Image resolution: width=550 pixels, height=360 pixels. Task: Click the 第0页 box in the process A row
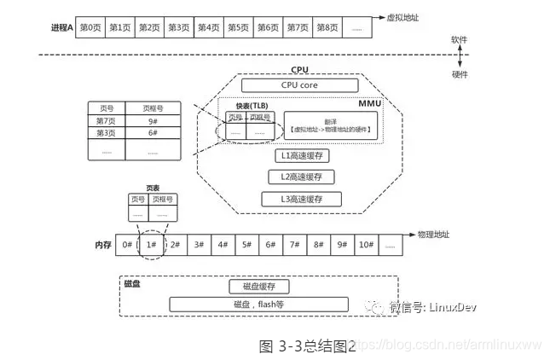(x=90, y=27)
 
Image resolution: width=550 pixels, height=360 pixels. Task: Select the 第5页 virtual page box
(x=238, y=27)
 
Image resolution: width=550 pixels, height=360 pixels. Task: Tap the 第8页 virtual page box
(x=327, y=27)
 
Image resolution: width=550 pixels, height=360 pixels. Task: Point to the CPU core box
(x=298, y=85)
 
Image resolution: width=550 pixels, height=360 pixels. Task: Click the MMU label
(x=369, y=102)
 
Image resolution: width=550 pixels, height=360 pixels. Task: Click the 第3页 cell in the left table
(x=107, y=133)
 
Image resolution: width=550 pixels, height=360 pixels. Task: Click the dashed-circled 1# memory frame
(x=150, y=245)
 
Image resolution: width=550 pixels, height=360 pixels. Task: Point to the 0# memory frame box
(x=127, y=245)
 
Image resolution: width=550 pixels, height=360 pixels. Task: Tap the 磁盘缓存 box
(x=259, y=286)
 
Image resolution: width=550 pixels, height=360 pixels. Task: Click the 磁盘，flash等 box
(x=259, y=304)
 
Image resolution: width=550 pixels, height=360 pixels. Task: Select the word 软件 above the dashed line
(x=459, y=40)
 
